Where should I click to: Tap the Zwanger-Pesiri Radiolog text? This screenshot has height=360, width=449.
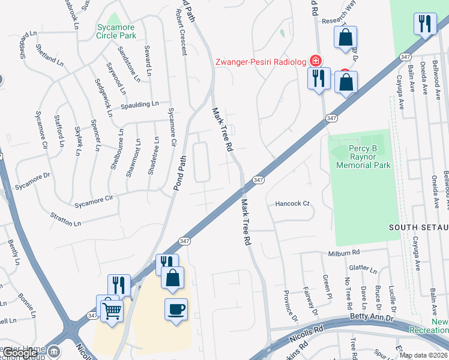tap(261, 62)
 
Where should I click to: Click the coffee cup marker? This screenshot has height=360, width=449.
tap(176, 310)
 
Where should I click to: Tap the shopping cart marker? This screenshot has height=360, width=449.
tap(112, 311)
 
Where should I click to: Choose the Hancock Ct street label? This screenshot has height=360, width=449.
tap(292, 203)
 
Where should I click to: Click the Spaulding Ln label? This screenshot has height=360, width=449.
tap(139, 104)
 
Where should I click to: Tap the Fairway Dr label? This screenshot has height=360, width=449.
tap(311, 302)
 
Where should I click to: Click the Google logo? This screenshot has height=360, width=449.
tap(20, 353)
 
